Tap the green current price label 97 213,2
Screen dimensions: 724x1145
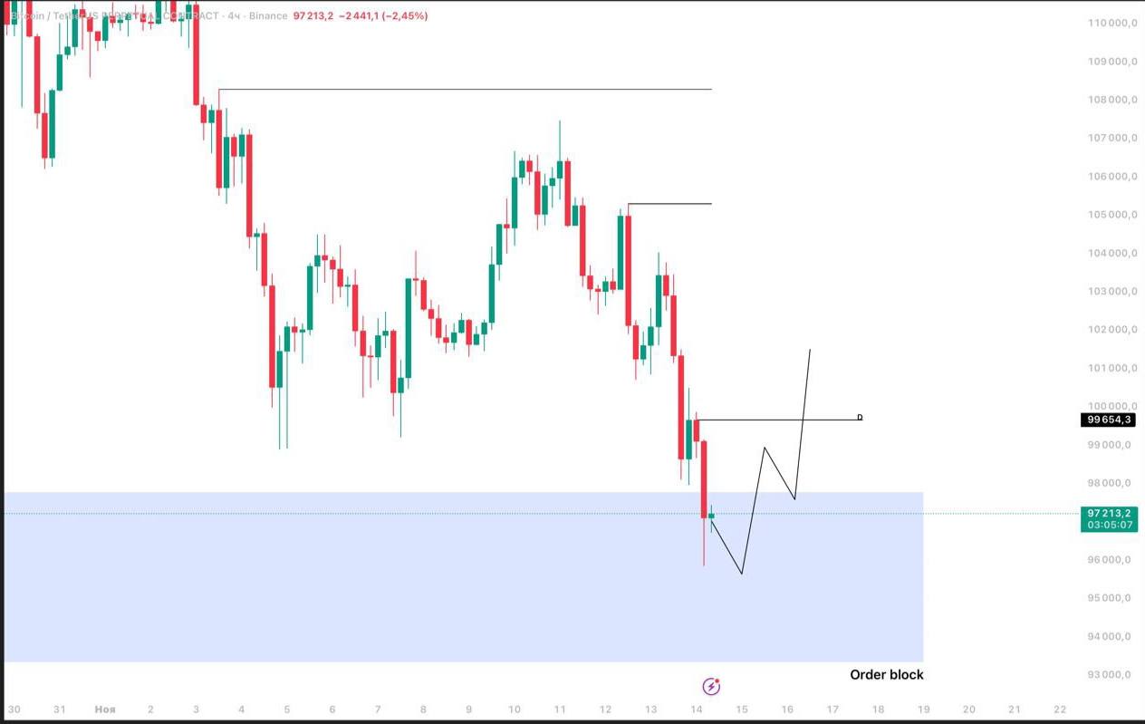[x=1109, y=513]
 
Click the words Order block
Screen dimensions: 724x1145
[x=886, y=674]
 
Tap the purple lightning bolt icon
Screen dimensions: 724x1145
[x=711, y=686]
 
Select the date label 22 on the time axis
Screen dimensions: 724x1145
[x=1060, y=710]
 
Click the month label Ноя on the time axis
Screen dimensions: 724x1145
[x=105, y=710]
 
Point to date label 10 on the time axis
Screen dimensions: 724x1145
[x=514, y=710]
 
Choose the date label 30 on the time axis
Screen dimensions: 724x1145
[x=14, y=710]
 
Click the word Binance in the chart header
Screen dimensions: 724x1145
[x=269, y=16]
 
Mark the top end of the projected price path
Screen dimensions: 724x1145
[x=810, y=350]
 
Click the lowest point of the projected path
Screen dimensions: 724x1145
[x=742, y=574]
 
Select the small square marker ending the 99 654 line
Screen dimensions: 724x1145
[x=860, y=418]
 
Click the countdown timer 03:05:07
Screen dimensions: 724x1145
[x=1109, y=525]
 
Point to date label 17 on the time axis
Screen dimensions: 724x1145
[x=832, y=710]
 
